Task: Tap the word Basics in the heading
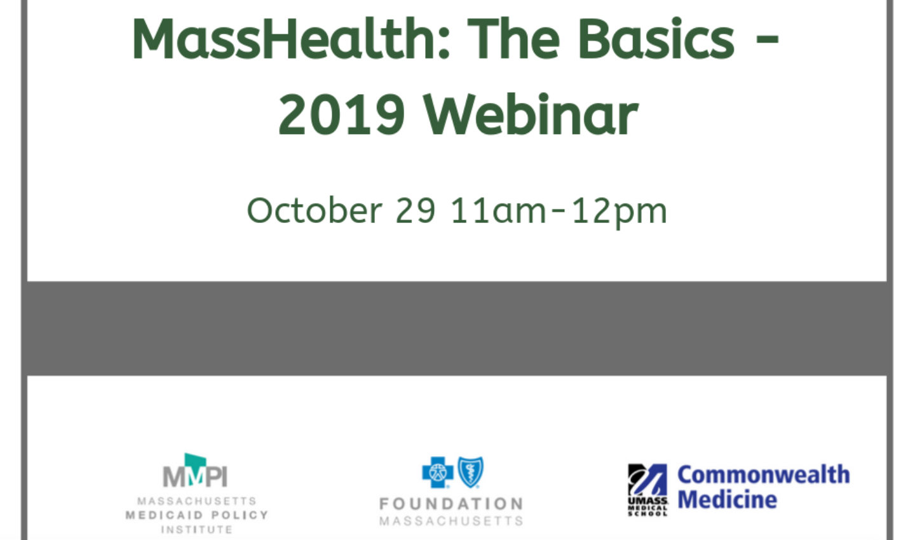pos(656,39)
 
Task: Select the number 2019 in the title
pos(341,114)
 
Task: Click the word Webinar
pos(531,114)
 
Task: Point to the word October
pos(315,211)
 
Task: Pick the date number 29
pos(416,211)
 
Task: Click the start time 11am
pos(498,211)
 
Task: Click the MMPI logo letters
pos(195,476)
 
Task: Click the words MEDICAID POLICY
pos(196,515)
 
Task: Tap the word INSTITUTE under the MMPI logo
pos(196,530)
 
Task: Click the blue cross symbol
pos(437,472)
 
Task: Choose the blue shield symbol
pos(471,472)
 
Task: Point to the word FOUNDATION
pos(451,504)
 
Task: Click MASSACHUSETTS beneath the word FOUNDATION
pos(451,521)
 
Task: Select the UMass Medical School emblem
pos(647,490)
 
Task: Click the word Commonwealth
pos(764,475)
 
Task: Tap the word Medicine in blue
pos(727,499)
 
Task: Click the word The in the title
pos(513,39)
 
